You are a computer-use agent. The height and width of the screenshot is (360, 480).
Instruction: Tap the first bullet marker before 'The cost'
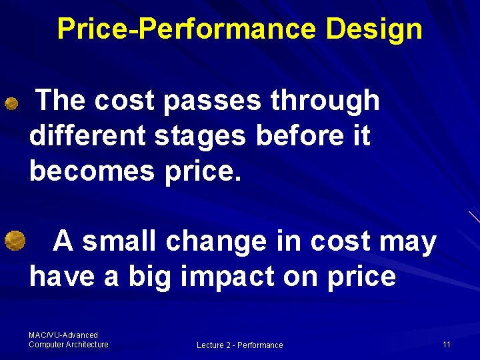(11, 103)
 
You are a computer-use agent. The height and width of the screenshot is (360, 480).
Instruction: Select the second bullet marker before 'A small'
(14, 239)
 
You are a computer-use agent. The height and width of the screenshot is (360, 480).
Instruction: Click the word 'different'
(88, 137)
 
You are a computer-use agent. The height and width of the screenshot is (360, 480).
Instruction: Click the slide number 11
(446, 344)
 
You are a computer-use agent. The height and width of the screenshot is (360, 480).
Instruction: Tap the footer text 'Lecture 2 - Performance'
(239, 345)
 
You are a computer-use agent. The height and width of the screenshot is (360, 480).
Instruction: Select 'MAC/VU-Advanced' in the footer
(63, 335)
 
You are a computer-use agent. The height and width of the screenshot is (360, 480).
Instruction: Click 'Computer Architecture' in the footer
(68, 344)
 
